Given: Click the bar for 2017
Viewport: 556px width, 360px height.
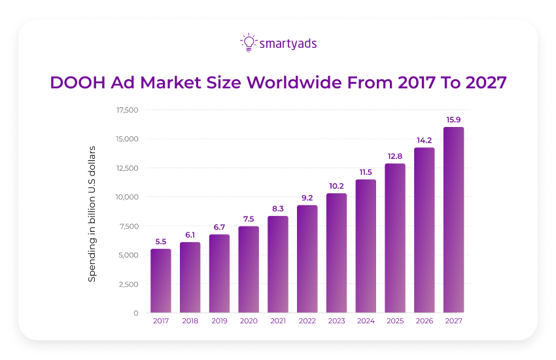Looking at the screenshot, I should tap(161, 281).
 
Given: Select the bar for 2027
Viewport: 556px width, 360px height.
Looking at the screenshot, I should tap(453, 220).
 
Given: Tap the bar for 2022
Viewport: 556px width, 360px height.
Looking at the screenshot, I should tap(307, 259).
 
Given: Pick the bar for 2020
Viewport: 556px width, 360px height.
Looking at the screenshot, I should tap(249, 270).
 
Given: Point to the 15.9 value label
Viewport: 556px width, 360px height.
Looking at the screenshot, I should tap(453, 120).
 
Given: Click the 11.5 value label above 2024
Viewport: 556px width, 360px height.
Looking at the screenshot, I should tap(366, 171).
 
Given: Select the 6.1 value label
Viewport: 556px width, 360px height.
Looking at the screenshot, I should tap(190, 234).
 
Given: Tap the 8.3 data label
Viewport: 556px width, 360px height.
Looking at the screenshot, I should tap(278, 208).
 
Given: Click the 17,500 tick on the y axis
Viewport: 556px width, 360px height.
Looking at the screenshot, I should tap(127, 110).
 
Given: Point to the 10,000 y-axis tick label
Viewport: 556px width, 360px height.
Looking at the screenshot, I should tap(127, 197).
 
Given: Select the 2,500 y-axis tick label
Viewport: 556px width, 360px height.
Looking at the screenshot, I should tap(129, 284).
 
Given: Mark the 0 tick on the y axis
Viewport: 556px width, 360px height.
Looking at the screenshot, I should tap(135, 313).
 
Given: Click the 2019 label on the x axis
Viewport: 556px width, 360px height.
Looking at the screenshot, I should tap(219, 321).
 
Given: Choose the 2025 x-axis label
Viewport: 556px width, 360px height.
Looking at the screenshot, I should tap(395, 321).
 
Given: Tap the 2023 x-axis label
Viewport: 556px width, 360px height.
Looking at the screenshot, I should tap(336, 321).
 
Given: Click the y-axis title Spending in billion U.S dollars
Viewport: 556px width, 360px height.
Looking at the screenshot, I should tap(92, 213).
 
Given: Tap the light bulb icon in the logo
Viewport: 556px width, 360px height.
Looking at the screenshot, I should tap(248, 43).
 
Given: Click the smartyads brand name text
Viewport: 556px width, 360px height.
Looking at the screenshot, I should tap(288, 44).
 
